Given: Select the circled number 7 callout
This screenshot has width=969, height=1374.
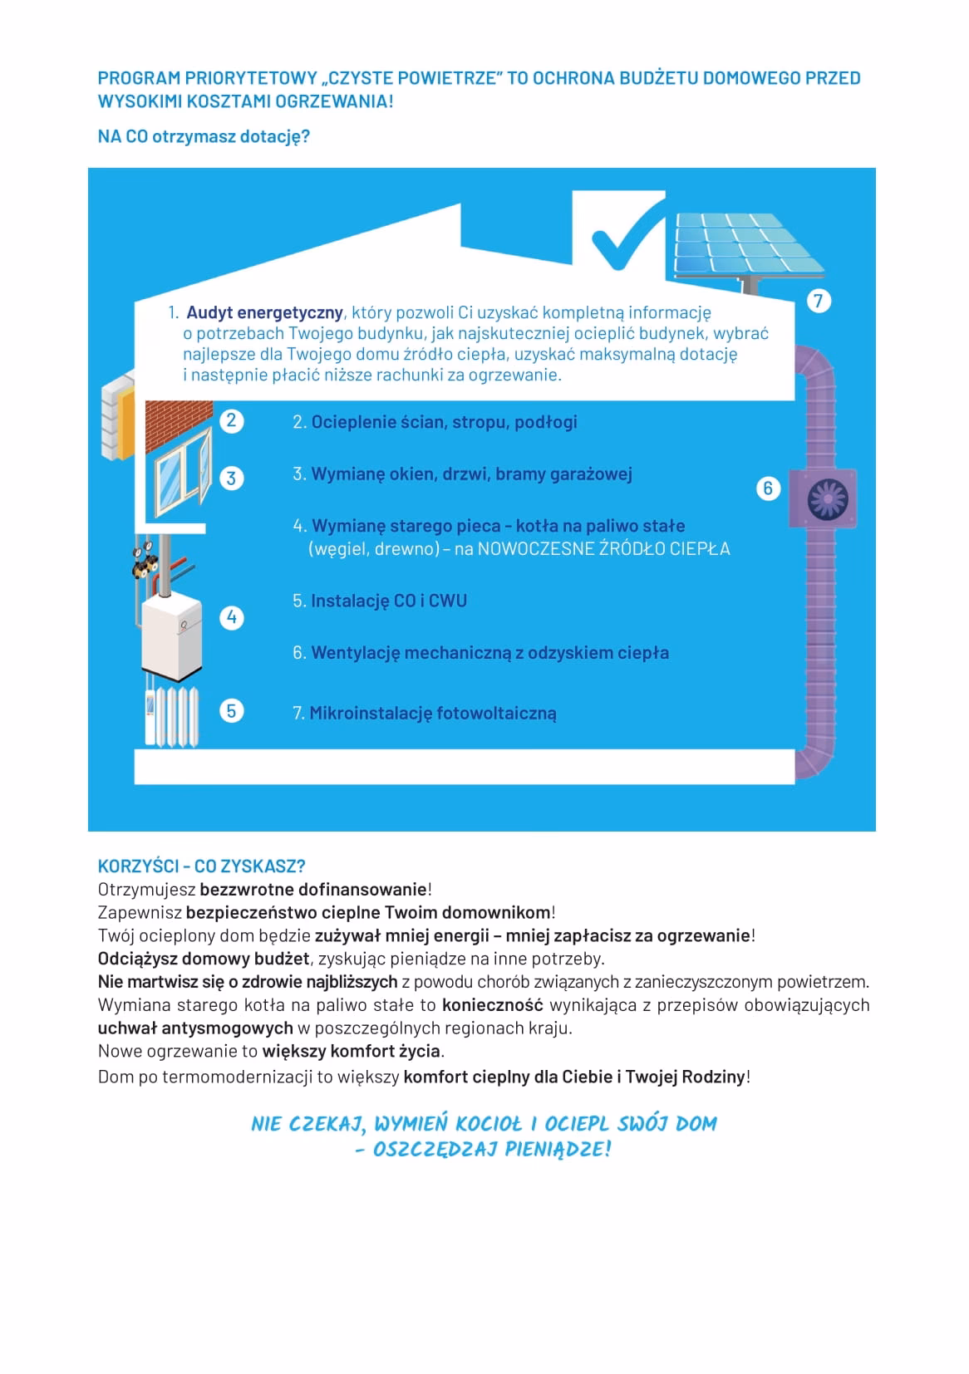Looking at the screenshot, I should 819,301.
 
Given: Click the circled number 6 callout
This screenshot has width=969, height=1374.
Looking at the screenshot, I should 768,488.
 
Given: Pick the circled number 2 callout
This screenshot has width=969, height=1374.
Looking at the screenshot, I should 231,420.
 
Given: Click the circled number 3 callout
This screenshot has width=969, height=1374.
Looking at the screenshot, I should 231,478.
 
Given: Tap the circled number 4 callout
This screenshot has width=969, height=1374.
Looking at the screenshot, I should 231,617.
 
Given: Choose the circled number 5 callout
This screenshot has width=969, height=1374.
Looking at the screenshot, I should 231,711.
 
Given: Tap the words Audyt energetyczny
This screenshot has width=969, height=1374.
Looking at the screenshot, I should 264,313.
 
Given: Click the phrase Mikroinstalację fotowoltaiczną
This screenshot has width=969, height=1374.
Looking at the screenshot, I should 433,713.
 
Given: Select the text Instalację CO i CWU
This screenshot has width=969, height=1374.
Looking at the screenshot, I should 389,601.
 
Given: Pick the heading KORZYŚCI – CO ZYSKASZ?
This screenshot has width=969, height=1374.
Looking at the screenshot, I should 201,866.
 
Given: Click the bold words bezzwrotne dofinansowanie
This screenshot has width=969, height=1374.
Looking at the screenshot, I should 313,889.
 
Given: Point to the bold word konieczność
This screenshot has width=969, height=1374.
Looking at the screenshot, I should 492,1005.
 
